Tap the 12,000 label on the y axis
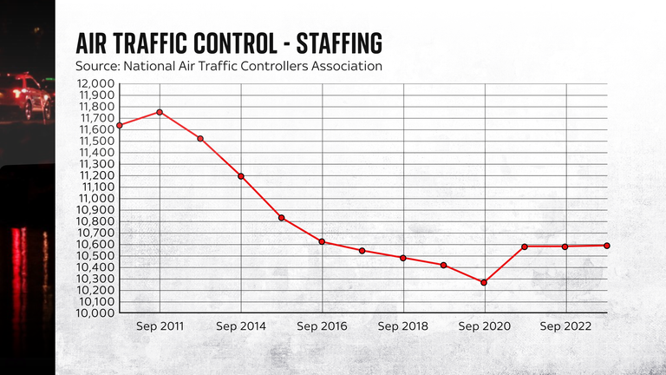point(95,84)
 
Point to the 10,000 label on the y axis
point(95,312)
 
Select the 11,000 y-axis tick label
point(95,198)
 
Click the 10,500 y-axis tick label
point(95,255)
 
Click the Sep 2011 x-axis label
point(159,326)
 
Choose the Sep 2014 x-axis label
point(240,326)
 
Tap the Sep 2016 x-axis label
point(322,326)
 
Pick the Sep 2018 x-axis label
point(403,326)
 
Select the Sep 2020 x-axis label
point(484,326)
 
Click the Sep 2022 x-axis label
point(565,326)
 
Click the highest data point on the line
point(160,112)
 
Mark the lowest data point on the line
point(484,282)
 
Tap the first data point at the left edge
point(119,125)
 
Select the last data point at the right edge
point(606,246)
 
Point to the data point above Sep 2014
point(241,176)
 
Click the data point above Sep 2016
point(322,241)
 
